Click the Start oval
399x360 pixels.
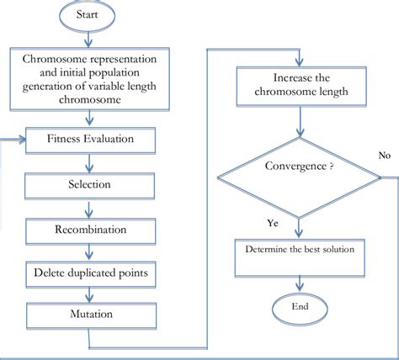[88, 15]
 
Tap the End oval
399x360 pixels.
[300, 309]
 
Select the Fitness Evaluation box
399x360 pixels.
[90, 140]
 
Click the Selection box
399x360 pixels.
[89, 186]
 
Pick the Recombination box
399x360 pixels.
[91, 231]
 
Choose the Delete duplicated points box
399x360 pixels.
[91, 274]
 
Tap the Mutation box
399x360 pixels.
[92, 315]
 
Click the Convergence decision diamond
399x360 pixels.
[299, 177]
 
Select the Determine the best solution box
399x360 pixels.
[300, 257]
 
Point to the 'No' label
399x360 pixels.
[385, 155]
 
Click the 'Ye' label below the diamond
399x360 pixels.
[273, 223]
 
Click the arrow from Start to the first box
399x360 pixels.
[88, 39]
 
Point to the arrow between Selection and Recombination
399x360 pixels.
[89, 209]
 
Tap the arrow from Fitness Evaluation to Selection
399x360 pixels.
[89, 163]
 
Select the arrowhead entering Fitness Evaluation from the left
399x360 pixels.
[22, 140]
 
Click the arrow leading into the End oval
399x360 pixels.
[300, 284]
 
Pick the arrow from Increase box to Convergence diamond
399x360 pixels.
[300, 121]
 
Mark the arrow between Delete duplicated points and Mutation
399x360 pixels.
[89, 295]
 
